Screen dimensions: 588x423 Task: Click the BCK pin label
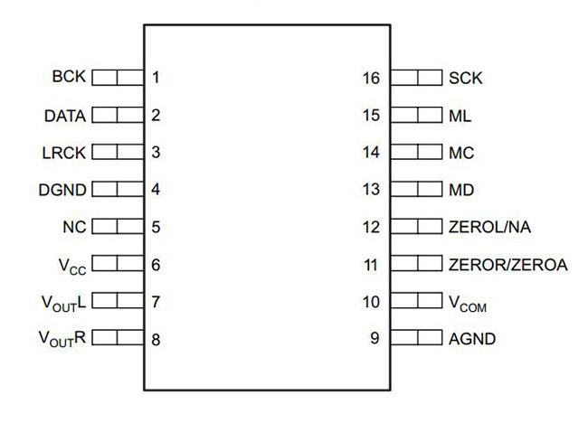69,77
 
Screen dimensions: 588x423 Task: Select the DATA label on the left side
65,116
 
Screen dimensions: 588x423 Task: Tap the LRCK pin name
64,153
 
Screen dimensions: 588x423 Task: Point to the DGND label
62,190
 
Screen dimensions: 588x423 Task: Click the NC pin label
74,227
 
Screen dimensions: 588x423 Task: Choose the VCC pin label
72,266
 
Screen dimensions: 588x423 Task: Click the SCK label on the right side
466,78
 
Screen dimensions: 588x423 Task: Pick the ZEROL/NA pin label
489,227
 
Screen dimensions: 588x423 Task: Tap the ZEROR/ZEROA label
508,265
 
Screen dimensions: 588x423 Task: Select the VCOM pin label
468,304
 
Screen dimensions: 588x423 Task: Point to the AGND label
472,339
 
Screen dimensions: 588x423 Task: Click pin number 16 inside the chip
371,78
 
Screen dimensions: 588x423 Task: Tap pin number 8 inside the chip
156,340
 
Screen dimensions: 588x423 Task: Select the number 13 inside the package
371,189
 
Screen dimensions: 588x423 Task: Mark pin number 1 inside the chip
156,77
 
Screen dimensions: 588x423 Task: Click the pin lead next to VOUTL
118,300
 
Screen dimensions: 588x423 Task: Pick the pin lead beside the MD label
416,189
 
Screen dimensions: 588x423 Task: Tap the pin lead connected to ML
416,115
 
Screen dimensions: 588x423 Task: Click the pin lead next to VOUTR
118,337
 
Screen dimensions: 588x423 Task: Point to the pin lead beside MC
416,152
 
